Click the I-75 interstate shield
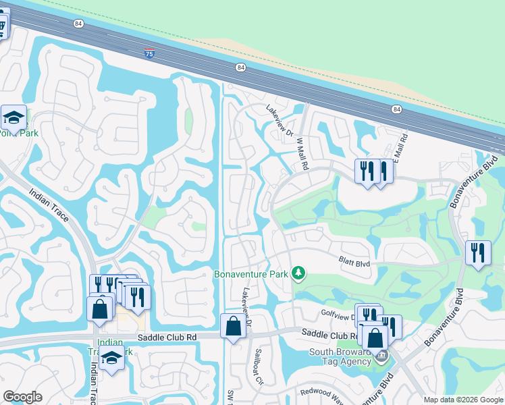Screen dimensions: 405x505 [149, 53]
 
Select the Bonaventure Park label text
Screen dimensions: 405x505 [250, 274]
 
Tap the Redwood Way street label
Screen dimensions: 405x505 [322, 391]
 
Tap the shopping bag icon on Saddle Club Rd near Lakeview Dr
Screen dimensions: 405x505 [233, 327]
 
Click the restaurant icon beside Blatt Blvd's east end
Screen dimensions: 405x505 [478, 253]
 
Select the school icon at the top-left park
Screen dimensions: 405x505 [13, 118]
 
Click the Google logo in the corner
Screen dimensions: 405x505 [22, 397]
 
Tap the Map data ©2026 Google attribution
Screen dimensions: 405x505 [463, 400]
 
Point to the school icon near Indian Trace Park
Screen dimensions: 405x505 [111, 358]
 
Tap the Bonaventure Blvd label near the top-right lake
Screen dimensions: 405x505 [466, 192]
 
